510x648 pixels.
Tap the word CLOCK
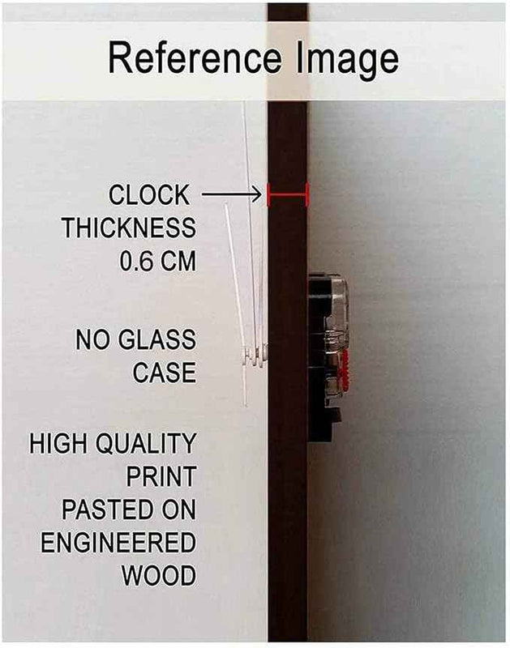149,194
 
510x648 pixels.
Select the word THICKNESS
129,228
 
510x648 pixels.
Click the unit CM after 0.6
178,261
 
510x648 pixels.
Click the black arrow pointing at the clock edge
232,194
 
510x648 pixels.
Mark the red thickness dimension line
289,194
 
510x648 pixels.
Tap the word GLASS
157,339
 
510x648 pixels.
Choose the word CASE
165,373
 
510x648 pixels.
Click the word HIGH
58,443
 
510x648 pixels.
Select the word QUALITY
146,443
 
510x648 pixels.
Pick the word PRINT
161,476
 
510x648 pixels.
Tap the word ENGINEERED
118,543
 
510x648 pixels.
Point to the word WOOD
159,575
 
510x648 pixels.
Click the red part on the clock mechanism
345,369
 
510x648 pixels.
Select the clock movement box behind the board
328,357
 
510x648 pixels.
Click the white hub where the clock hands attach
255,356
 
